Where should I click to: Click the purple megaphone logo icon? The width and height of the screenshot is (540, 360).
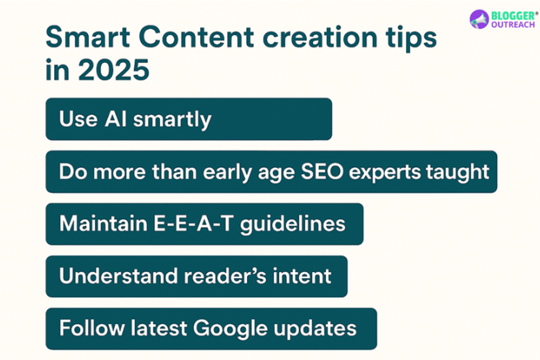479,19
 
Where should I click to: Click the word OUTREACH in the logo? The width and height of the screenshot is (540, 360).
512,25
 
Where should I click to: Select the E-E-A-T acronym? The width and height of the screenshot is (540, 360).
200,224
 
